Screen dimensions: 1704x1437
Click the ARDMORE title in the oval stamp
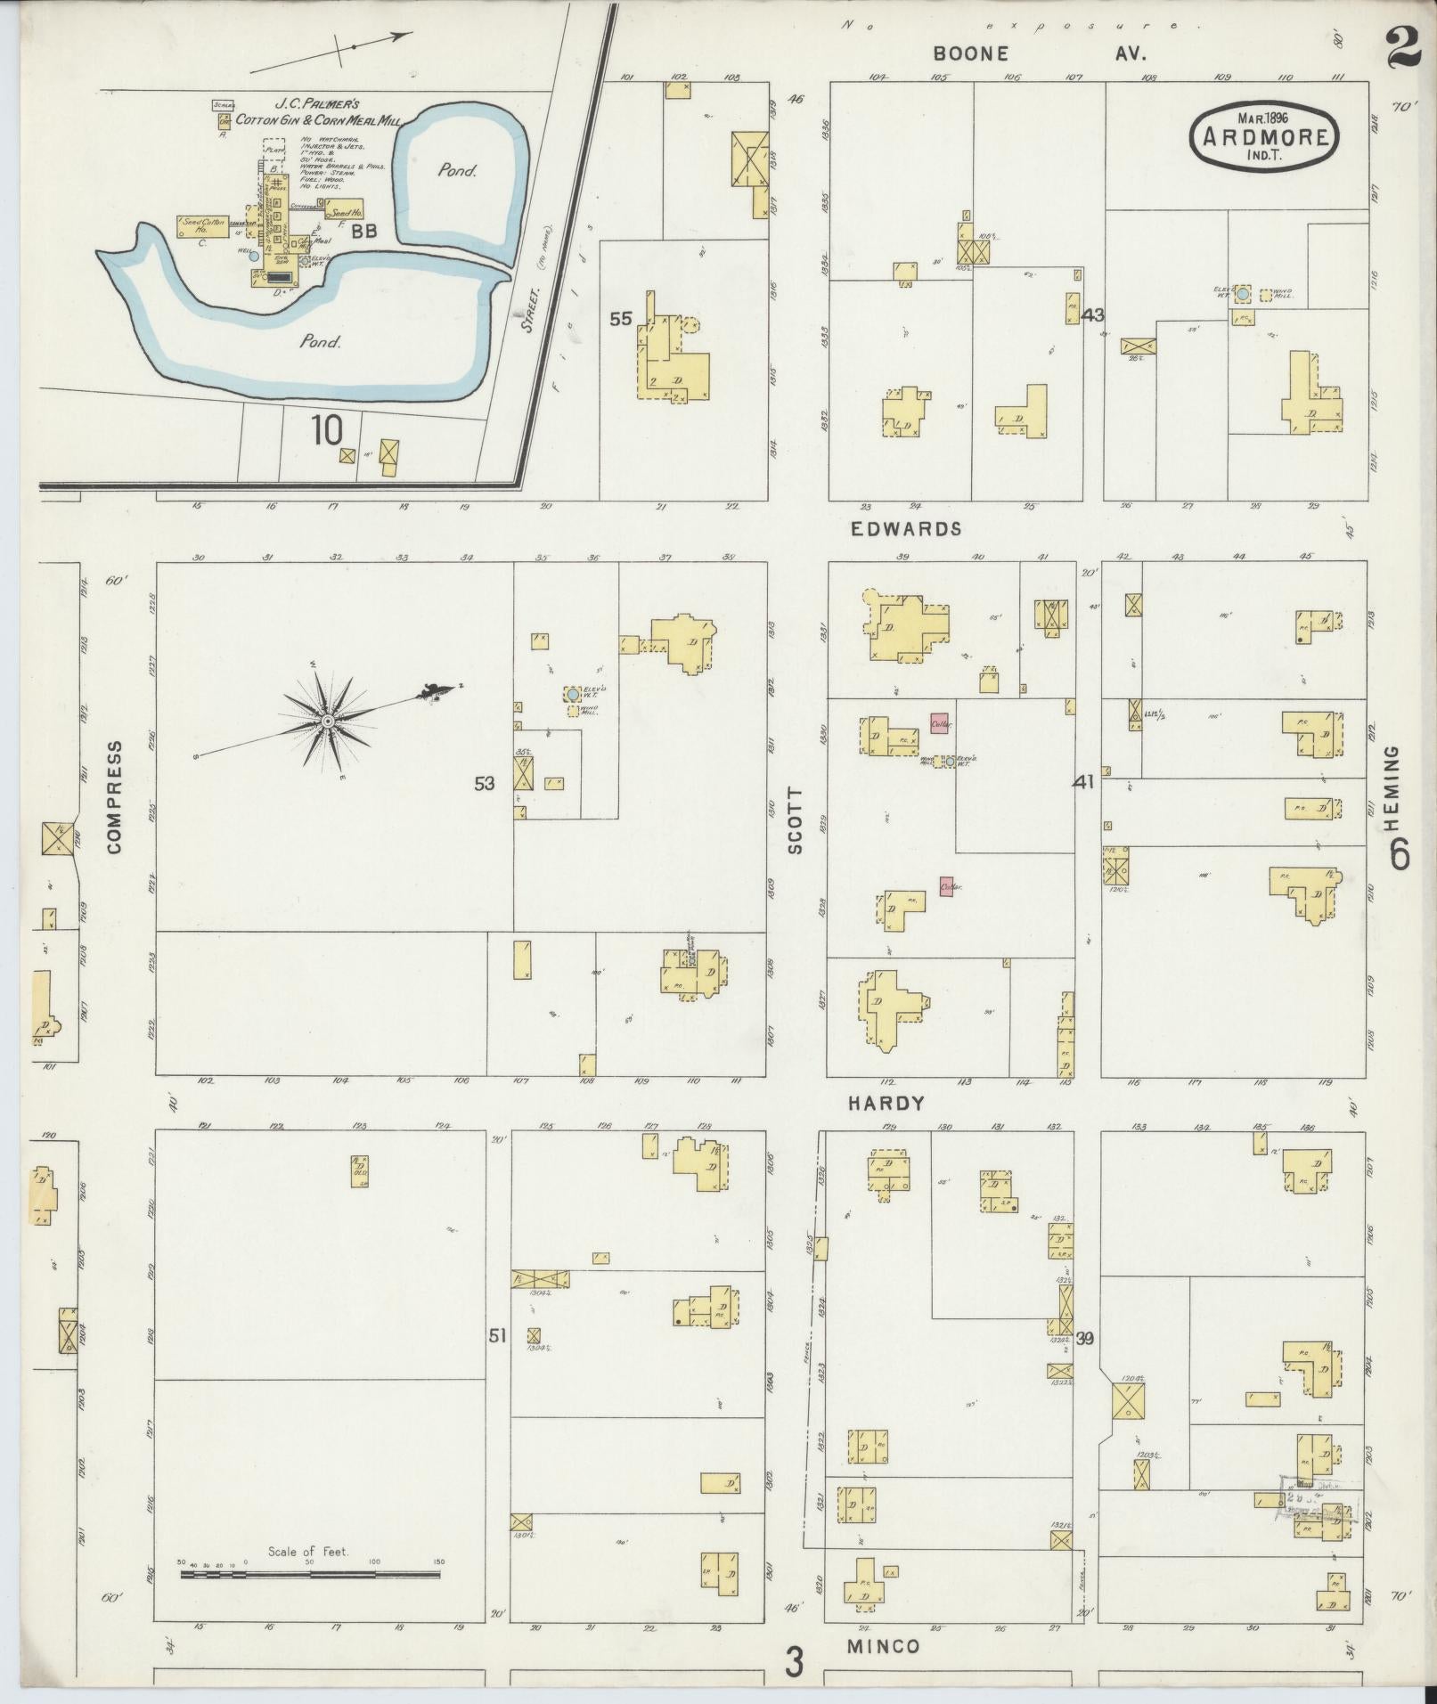click(1265, 137)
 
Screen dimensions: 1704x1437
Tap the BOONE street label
click(971, 54)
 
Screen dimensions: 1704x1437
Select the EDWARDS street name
click(906, 528)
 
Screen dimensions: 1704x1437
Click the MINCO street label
click(883, 1646)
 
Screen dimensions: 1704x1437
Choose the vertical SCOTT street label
click(796, 820)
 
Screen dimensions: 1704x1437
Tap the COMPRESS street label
click(114, 796)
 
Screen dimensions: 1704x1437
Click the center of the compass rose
click(328, 720)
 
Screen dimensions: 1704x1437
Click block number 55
click(620, 318)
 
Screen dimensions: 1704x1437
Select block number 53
click(484, 783)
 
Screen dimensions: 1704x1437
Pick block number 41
click(1083, 782)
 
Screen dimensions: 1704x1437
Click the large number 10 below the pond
click(327, 431)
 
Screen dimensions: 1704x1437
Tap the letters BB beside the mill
click(363, 231)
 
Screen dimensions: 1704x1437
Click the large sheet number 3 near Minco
click(795, 1662)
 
